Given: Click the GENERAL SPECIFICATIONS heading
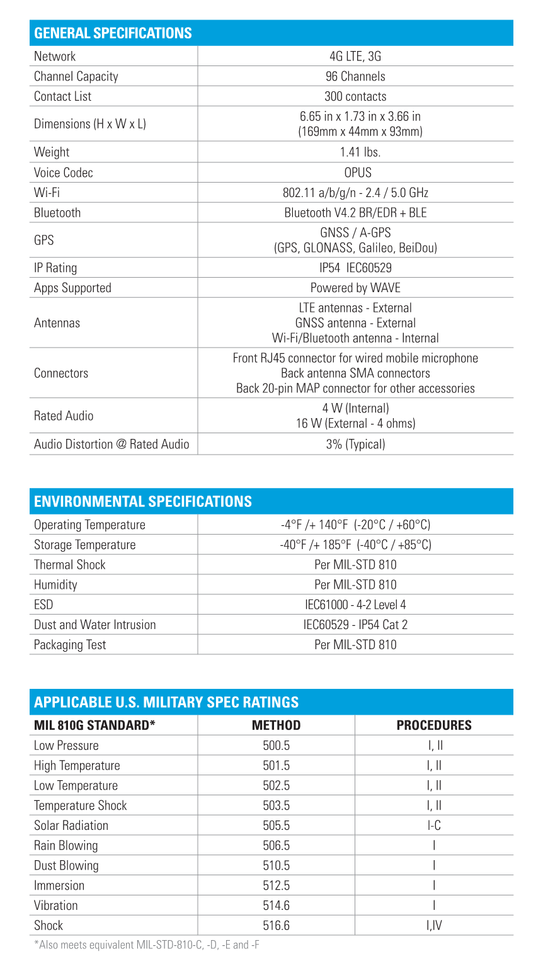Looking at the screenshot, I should (113, 33).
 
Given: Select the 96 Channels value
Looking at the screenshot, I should (355, 76).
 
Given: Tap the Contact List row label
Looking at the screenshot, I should (62, 96).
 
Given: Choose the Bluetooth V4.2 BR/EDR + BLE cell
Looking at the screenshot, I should (355, 213).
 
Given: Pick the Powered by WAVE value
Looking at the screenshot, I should (355, 288).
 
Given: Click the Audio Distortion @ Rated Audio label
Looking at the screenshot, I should (111, 444).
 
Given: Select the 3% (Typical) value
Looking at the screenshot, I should (355, 444).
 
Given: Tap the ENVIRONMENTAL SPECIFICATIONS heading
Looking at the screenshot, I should (143, 501).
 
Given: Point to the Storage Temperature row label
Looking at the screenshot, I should (84, 545).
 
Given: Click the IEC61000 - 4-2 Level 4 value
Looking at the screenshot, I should (355, 604).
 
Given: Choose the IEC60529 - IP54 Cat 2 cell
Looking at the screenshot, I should (355, 625).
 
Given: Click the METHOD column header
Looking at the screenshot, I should (276, 725).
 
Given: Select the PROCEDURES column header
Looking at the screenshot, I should (434, 725).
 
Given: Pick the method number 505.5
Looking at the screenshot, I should (276, 826).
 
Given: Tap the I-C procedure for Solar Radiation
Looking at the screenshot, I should (434, 826).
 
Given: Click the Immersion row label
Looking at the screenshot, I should (59, 885).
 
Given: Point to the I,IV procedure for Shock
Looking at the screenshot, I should (434, 926).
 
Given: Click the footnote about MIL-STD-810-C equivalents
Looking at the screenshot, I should (146, 945).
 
